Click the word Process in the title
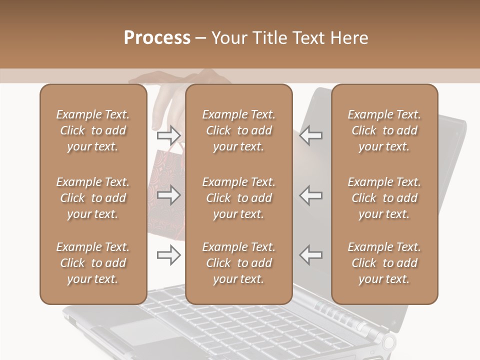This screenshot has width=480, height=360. click(157, 38)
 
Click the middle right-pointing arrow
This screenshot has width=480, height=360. click(168, 194)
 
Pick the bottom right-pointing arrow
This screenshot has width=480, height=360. click(168, 254)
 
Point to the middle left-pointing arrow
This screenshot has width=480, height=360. click(311, 194)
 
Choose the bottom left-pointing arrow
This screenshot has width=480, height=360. click(311, 254)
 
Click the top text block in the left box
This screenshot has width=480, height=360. click(93, 130)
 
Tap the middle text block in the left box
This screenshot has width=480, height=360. click(93, 198)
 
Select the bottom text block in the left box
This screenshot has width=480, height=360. click(93, 263)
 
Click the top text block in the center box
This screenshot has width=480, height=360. click(238, 130)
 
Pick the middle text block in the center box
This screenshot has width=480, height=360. click(238, 198)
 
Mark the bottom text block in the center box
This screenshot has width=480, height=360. click(238, 263)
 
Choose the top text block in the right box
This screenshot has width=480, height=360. click(384, 130)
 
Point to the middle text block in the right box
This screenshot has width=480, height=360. click(384, 198)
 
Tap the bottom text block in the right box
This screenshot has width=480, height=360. click(384, 263)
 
